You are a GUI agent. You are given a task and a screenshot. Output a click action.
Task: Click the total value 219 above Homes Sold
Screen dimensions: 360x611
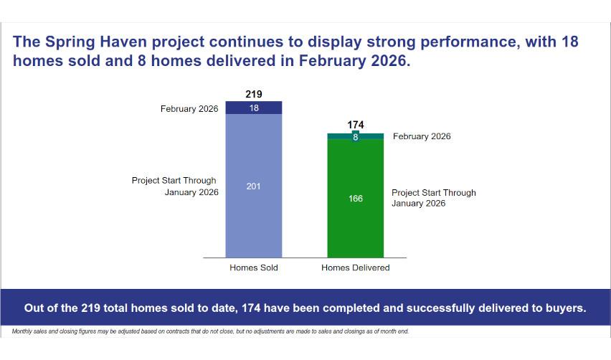[x=254, y=94]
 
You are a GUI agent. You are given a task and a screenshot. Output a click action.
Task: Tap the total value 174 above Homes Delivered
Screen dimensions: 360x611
[x=356, y=125]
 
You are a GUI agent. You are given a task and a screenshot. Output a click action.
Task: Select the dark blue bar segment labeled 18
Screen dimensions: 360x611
[x=254, y=108]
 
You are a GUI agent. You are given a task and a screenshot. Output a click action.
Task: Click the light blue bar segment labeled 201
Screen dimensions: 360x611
[x=254, y=186]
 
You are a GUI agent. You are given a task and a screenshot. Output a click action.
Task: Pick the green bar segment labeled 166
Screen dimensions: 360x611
[x=356, y=198]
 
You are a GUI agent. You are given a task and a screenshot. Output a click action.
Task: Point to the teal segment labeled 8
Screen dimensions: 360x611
[x=356, y=136]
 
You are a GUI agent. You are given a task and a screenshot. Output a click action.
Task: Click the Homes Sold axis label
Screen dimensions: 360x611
[x=254, y=267]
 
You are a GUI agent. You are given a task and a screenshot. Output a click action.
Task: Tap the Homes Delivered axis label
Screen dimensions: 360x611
[x=356, y=267]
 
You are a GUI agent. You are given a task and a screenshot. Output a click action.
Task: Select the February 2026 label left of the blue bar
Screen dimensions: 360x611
[x=189, y=109]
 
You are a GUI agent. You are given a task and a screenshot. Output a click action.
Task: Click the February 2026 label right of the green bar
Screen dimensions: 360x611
[x=422, y=136]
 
